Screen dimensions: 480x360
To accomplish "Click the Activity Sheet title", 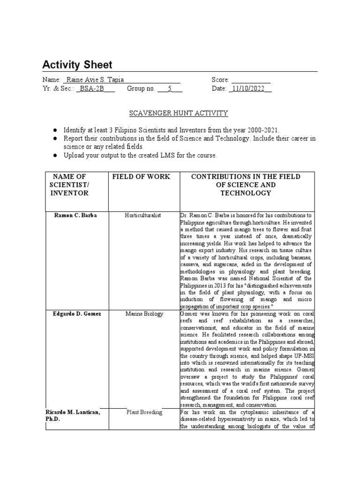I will [77, 64].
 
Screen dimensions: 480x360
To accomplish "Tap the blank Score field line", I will [251, 80].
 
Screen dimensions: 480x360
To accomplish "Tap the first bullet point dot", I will [55, 129].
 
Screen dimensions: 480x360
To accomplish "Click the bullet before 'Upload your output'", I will [55, 155].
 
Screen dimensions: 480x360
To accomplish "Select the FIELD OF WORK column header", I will [141, 177].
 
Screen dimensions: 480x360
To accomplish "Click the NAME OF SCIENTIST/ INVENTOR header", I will [70, 185].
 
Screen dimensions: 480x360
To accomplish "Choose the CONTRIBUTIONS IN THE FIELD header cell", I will [246, 185].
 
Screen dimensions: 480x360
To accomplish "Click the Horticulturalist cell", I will [142, 215].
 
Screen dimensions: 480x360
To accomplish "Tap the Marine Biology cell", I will [143, 314].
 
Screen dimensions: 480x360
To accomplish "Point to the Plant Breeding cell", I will [144, 412].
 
